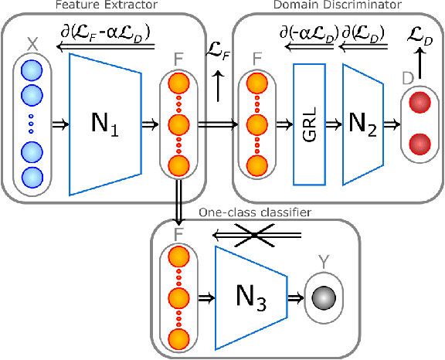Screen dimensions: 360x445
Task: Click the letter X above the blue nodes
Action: coord(32,46)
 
